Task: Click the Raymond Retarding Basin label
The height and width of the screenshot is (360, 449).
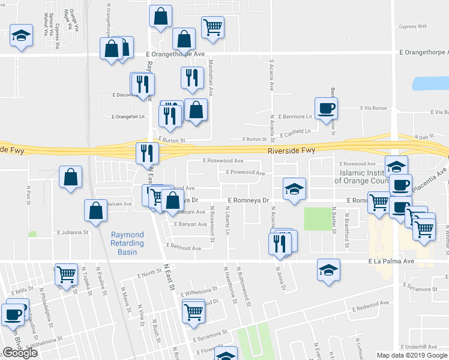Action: tap(127, 243)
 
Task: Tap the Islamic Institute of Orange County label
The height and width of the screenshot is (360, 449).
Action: tap(366, 176)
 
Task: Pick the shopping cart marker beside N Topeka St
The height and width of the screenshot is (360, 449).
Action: tap(66, 274)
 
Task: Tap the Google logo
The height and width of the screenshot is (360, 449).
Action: tap(20, 353)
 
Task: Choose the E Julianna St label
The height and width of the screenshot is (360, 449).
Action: tap(73, 232)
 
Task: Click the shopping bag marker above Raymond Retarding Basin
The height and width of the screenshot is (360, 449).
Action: tap(96, 210)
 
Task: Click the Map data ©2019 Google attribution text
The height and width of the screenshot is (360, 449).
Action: tap(411, 355)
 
